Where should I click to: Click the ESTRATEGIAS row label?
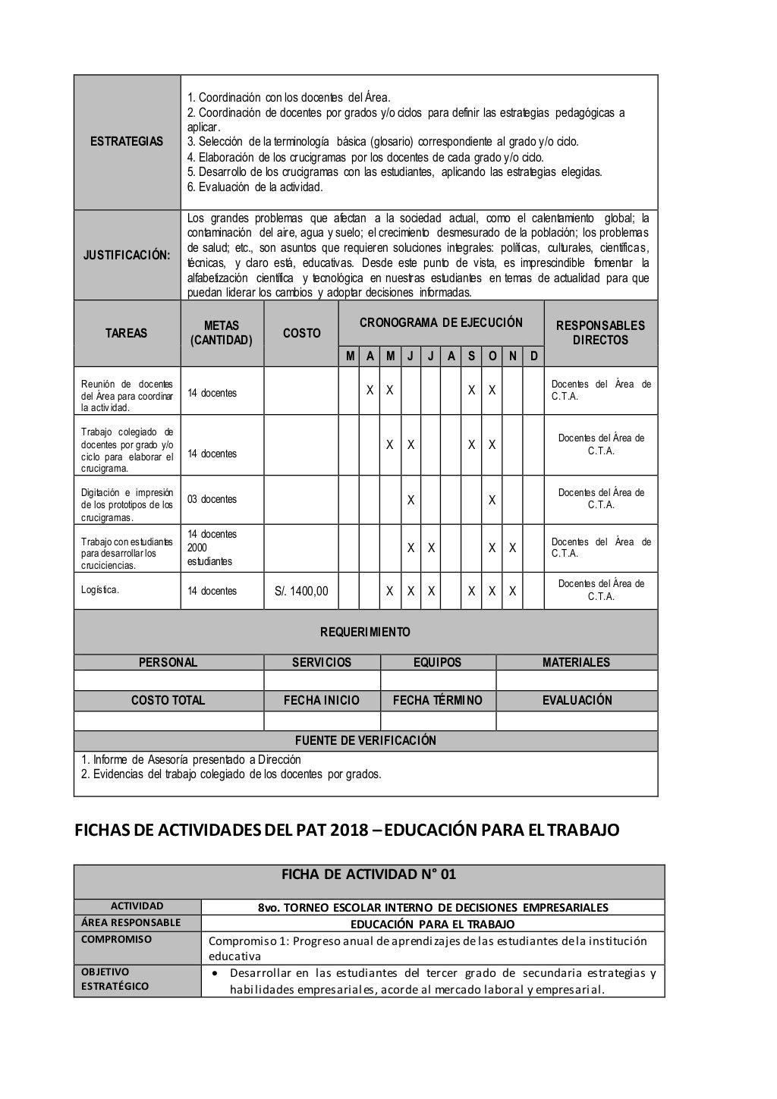[127, 142]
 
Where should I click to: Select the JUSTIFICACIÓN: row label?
[127, 255]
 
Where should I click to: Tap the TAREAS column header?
[127, 333]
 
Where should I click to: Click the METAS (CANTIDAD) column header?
[222, 333]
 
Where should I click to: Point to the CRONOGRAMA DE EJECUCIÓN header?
[441, 322]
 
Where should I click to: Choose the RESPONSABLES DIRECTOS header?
[600, 333]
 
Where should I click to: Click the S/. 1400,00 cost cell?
[301, 591]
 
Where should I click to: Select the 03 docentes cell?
[212, 499]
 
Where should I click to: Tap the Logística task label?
[100, 590]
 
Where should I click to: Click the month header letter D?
[533, 356]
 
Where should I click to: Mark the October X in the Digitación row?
[492, 500]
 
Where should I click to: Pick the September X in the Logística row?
[471, 591]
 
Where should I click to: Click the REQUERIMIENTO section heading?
[365, 632]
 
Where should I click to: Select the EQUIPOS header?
[437, 662]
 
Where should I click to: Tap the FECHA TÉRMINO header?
[437, 700]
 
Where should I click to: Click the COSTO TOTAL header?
[168, 700]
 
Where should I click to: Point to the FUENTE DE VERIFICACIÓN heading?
[365, 740]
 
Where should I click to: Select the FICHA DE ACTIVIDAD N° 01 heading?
[369, 874]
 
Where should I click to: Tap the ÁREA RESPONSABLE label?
[137, 923]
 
